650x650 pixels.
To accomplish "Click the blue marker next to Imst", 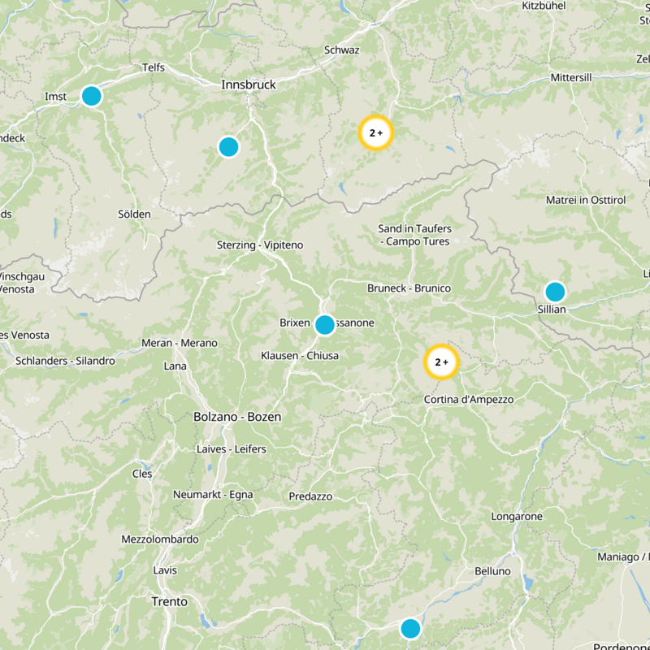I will pyautogui.click(x=92, y=96).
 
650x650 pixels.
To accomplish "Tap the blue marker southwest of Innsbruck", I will pyautogui.click(x=229, y=147).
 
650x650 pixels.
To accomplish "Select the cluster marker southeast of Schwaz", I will pyautogui.click(x=375, y=132).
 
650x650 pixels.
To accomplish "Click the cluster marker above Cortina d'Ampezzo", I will pyautogui.click(x=441, y=362).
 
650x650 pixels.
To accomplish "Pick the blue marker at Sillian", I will pyautogui.click(x=555, y=292).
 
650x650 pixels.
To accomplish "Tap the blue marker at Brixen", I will pyautogui.click(x=324, y=325).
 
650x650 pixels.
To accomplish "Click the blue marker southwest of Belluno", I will pyautogui.click(x=410, y=628).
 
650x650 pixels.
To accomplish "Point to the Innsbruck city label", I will pyautogui.click(x=249, y=84).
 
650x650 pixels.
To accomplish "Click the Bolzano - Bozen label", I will pyautogui.click(x=237, y=417).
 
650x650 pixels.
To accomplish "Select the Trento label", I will pyautogui.click(x=169, y=602).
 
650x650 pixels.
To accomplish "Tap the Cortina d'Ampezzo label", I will pyautogui.click(x=469, y=400).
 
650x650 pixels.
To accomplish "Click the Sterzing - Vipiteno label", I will pyautogui.click(x=258, y=245).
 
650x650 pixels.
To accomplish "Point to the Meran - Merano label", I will pyautogui.click(x=180, y=344).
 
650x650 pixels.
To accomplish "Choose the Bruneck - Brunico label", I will pyautogui.click(x=409, y=288).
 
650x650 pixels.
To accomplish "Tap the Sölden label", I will pyautogui.click(x=134, y=214).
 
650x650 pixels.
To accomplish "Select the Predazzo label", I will pyautogui.click(x=310, y=496).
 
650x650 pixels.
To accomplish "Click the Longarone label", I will pyautogui.click(x=517, y=517).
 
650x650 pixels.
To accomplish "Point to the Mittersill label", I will pyautogui.click(x=574, y=77).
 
